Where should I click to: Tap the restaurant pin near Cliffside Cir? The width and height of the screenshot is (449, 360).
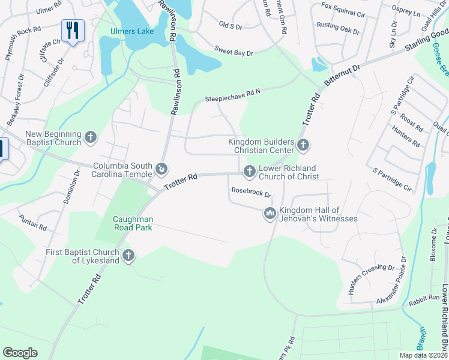[x=73, y=31]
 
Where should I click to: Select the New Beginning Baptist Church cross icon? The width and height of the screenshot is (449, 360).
[x=91, y=138]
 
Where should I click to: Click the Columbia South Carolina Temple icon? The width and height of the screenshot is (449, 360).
[x=161, y=170]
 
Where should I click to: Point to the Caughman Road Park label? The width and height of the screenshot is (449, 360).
[x=133, y=223]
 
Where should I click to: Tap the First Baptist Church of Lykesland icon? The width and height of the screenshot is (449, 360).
[x=127, y=256]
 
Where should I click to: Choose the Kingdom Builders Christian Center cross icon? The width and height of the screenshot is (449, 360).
[x=303, y=145]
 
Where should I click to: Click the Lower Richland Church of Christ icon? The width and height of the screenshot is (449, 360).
[x=249, y=172]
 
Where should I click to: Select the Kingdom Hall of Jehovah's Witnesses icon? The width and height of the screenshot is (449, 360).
[x=270, y=214]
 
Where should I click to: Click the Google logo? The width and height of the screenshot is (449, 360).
[x=20, y=353]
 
